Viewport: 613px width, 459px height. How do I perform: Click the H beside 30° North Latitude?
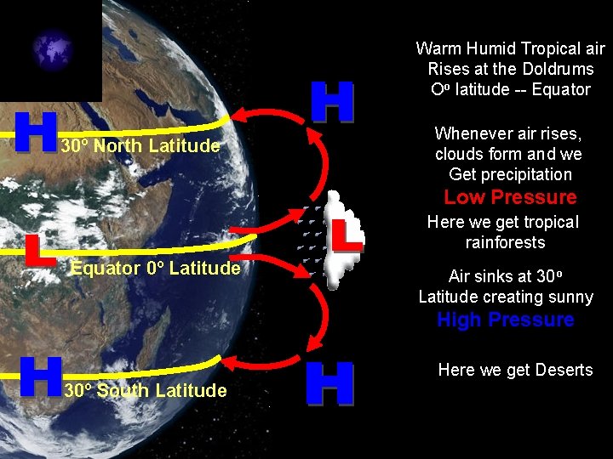click(36, 132)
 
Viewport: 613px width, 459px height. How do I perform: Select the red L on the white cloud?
click(347, 235)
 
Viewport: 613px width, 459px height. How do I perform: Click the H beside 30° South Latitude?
click(39, 377)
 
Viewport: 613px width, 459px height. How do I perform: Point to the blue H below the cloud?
click(329, 383)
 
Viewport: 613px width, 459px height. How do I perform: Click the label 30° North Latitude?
click(140, 146)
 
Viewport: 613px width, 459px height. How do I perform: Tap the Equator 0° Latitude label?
click(155, 269)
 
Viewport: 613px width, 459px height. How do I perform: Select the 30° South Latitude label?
click(145, 391)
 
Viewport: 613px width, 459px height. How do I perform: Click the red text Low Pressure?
click(510, 198)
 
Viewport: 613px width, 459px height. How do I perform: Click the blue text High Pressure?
click(505, 320)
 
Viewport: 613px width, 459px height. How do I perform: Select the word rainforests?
click(505, 242)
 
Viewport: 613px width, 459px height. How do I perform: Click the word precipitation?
click(529, 174)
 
